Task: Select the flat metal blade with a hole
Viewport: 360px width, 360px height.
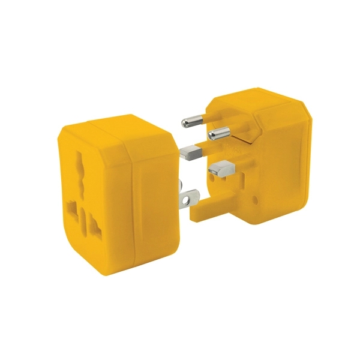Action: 189,196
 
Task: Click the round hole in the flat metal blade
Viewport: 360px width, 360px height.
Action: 192,195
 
